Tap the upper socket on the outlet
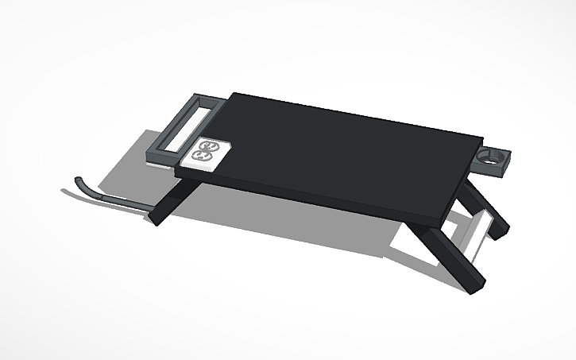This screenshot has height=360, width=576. pos(209,146)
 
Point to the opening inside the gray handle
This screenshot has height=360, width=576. pos(184,130)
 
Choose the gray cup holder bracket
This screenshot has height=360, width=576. pos(494,159)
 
